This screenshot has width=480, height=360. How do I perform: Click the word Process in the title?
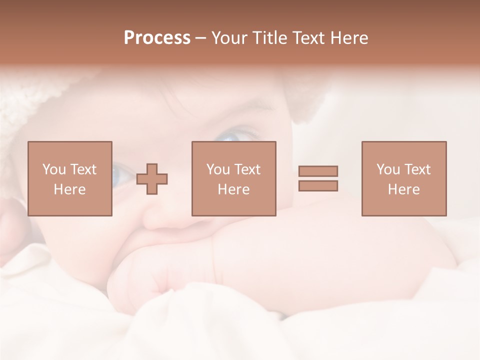(157, 38)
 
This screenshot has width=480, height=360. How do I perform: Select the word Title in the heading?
(270, 38)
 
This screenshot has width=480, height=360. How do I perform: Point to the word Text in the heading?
(310, 38)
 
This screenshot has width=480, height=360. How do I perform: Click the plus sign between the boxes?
(152, 178)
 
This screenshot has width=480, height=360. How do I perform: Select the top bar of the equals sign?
(318, 171)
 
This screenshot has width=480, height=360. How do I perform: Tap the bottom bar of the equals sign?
(318, 186)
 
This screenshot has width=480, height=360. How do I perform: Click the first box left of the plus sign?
(70, 178)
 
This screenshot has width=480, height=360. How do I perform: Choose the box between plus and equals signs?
(234, 178)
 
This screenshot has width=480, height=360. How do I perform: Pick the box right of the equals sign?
(404, 178)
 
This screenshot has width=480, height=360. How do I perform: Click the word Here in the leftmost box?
(70, 189)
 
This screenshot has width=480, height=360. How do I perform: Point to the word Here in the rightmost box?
(404, 189)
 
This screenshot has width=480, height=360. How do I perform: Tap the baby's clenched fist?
(145, 280)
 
